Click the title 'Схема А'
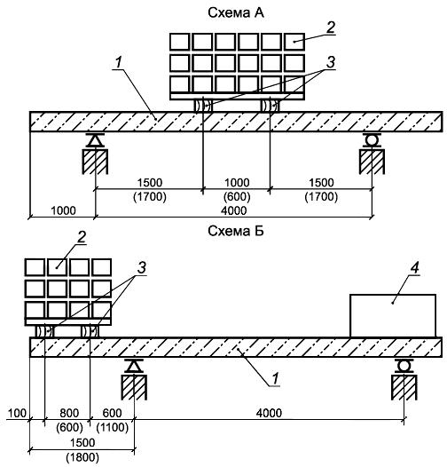click(236, 12)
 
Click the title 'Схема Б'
click(236, 231)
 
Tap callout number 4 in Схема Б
click(414, 268)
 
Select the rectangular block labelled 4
click(393, 316)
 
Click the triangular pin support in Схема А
click(95, 140)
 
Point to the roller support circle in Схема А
click(372, 139)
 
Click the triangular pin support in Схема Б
click(134, 366)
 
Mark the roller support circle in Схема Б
click(404, 365)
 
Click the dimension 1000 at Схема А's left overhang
click(63, 211)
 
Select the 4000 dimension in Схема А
click(233, 211)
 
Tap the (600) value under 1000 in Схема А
click(237, 197)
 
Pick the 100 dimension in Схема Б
click(17, 414)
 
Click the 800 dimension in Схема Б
click(69, 414)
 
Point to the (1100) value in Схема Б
click(113, 428)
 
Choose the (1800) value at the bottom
click(82, 457)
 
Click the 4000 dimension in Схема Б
click(269, 414)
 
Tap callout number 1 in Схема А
click(119, 62)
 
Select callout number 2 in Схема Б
click(82, 237)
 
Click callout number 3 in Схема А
click(331, 62)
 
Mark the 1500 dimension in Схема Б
click(82, 442)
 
